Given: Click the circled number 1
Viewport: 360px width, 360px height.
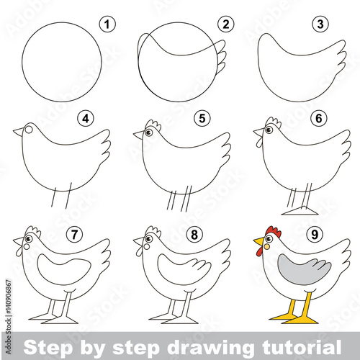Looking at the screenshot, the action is click(x=107, y=24).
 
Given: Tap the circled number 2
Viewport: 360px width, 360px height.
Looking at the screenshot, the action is click(x=226, y=24).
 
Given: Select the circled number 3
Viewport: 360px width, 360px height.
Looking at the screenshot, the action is click(x=320, y=24).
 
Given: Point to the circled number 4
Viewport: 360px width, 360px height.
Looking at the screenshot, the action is click(x=86, y=118).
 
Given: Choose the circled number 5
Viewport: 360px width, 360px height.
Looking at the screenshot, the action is click(x=202, y=118).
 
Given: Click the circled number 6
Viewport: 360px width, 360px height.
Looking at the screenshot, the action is click(x=318, y=118).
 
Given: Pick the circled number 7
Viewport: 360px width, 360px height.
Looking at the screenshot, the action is click(x=74, y=235).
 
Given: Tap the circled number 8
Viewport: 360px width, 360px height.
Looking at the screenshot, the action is click(x=194, y=235).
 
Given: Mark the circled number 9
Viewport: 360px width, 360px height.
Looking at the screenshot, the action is click(x=315, y=235).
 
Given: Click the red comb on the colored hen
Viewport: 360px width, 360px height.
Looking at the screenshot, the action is click(x=274, y=231).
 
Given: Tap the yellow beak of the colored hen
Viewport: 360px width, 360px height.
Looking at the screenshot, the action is click(x=259, y=241).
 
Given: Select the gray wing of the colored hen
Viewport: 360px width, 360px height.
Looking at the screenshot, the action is click(x=305, y=269).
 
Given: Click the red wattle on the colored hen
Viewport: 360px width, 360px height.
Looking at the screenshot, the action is click(x=259, y=251).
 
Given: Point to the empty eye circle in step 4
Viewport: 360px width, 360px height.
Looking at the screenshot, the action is click(x=29, y=130).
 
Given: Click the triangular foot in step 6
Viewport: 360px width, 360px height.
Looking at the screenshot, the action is click(x=300, y=210).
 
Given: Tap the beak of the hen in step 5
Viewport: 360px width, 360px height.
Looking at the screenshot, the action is click(x=139, y=135).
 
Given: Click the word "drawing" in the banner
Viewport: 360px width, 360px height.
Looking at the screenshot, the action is click(x=210, y=347).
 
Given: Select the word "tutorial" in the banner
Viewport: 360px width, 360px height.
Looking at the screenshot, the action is click(x=302, y=346).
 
